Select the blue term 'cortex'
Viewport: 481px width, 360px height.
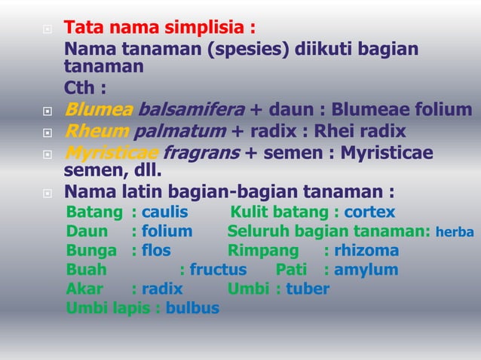pos(369,212)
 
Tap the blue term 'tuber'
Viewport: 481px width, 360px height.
pos(308,288)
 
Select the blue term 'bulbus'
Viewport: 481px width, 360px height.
pos(192,308)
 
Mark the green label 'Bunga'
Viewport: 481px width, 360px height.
pos(91,251)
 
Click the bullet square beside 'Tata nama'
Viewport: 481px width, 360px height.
pos(47,30)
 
